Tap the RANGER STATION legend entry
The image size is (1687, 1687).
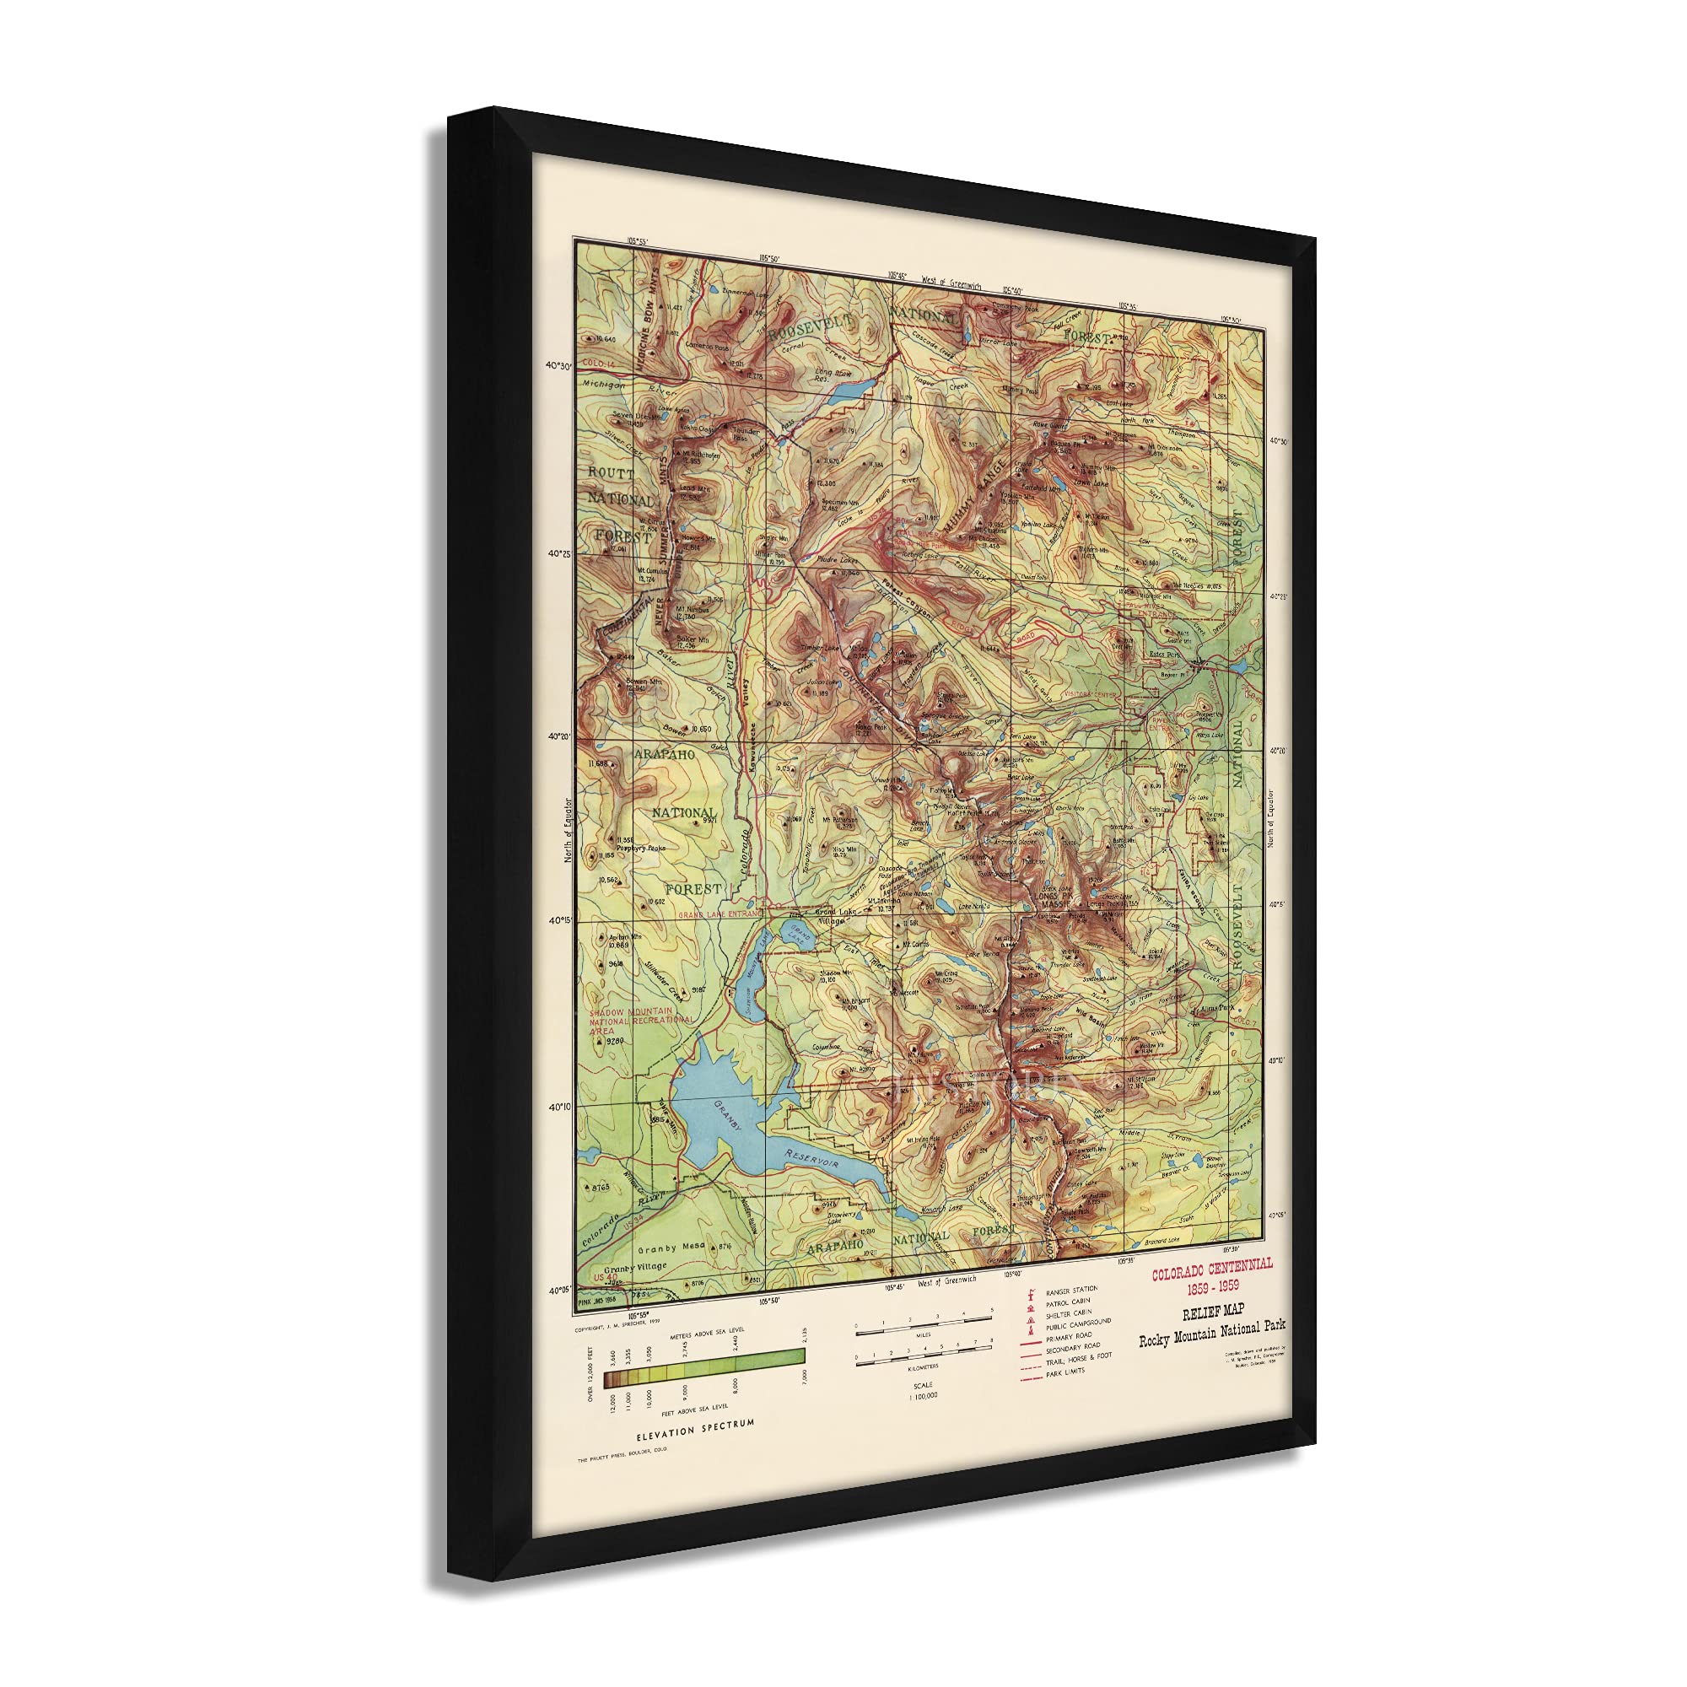[1072, 1289]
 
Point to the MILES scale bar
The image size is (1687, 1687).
[924, 1323]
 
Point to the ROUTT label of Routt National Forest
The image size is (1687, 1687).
[612, 473]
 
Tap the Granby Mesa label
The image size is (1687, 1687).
[671, 1248]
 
